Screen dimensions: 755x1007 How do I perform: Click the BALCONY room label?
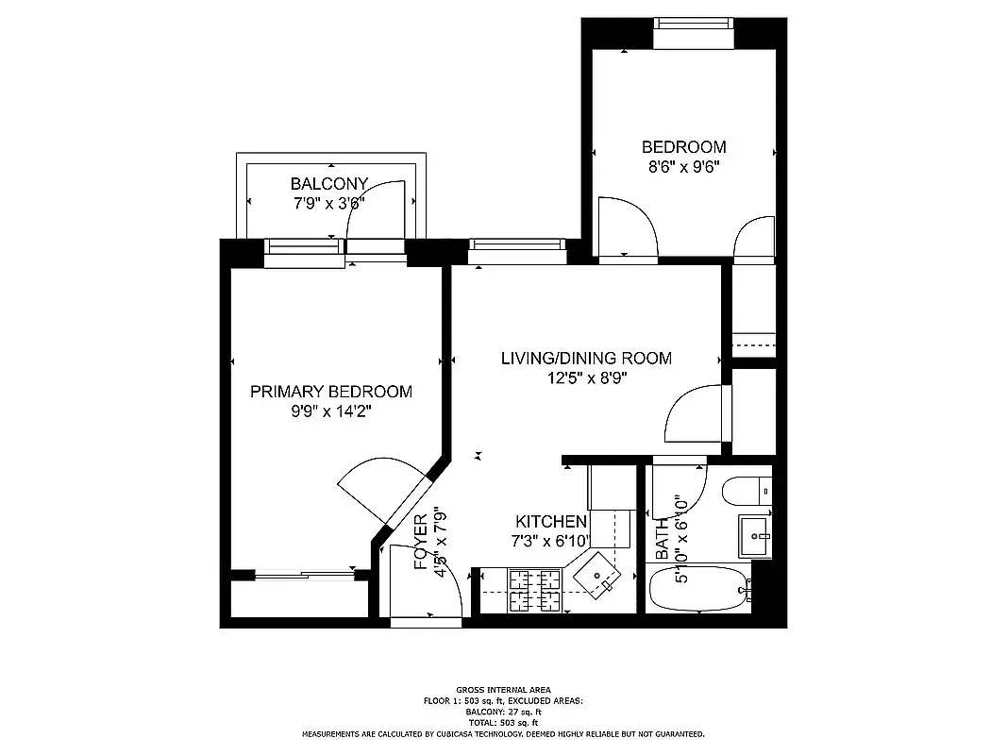[328, 183]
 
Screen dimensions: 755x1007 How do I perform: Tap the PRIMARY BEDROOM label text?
[330, 392]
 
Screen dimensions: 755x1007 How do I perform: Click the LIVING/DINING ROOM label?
[585, 359]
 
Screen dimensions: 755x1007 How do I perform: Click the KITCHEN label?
[551, 522]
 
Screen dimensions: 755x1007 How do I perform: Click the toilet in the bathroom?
[744, 492]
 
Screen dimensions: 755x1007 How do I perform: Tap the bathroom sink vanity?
[755, 535]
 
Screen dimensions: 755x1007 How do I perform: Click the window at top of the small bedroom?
[693, 32]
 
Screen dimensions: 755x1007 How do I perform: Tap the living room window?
[517, 250]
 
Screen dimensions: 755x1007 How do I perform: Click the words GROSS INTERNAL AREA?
[503, 691]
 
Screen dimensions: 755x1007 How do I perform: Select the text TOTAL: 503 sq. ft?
[503, 722]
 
